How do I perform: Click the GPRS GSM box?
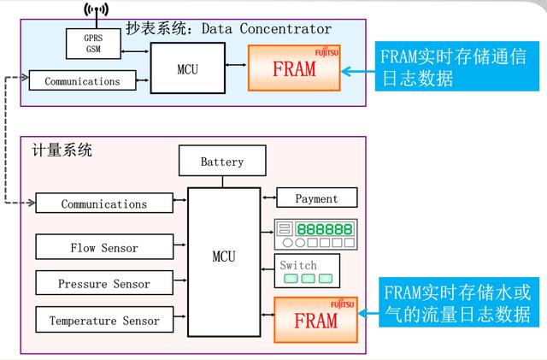click(x=93, y=44)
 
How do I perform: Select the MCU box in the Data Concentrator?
click(x=188, y=68)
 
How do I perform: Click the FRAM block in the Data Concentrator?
click(x=294, y=68)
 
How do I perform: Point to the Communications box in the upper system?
click(x=82, y=80)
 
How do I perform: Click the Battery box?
click(x=222, y=161)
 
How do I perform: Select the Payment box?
click(x=317, y=198)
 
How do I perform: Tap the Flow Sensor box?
click(x=104, y=247)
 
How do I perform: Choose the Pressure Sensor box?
click(x=104, y=282)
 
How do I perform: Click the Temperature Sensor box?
click(x=104, y=320)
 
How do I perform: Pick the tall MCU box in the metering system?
click(x=224, y=263)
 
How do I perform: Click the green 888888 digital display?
click(x=325, y=229)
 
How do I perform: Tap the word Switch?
click(x=298, y=265)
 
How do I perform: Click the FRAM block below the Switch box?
click(x=315, y=320)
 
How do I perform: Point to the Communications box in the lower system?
click(x=104, y=203)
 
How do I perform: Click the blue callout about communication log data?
click(x=457, y=67)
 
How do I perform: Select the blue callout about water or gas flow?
click(x=459, y=303)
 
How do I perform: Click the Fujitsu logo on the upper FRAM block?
click(x=326, y=52)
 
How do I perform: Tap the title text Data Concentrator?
click(x=267, y=28)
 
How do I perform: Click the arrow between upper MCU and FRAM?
click(x=236, y=65)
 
